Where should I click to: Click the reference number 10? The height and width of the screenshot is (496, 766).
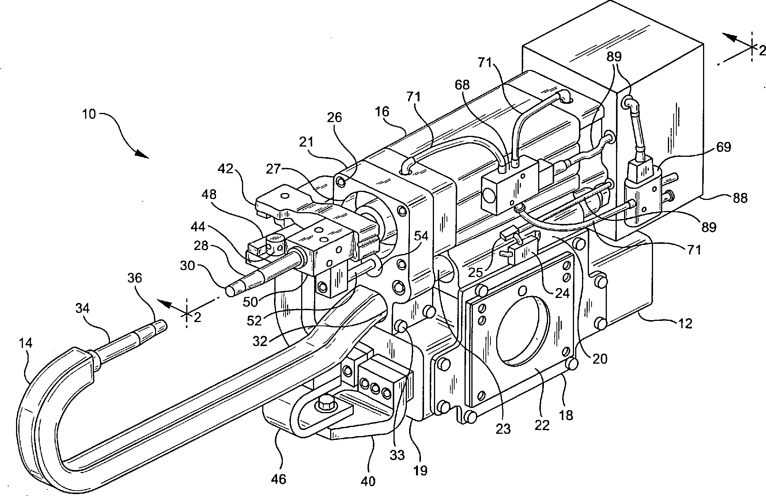(89, 114)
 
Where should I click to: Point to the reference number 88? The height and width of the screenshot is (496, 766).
(740, 198)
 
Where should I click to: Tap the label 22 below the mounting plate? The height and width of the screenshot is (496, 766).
(542, 425)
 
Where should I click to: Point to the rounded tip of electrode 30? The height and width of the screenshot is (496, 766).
(231, 291)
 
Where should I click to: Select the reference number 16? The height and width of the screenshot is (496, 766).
(382, 112)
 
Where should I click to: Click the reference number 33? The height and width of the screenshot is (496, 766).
(397, 456)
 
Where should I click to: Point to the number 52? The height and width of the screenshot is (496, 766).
(254, 320)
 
